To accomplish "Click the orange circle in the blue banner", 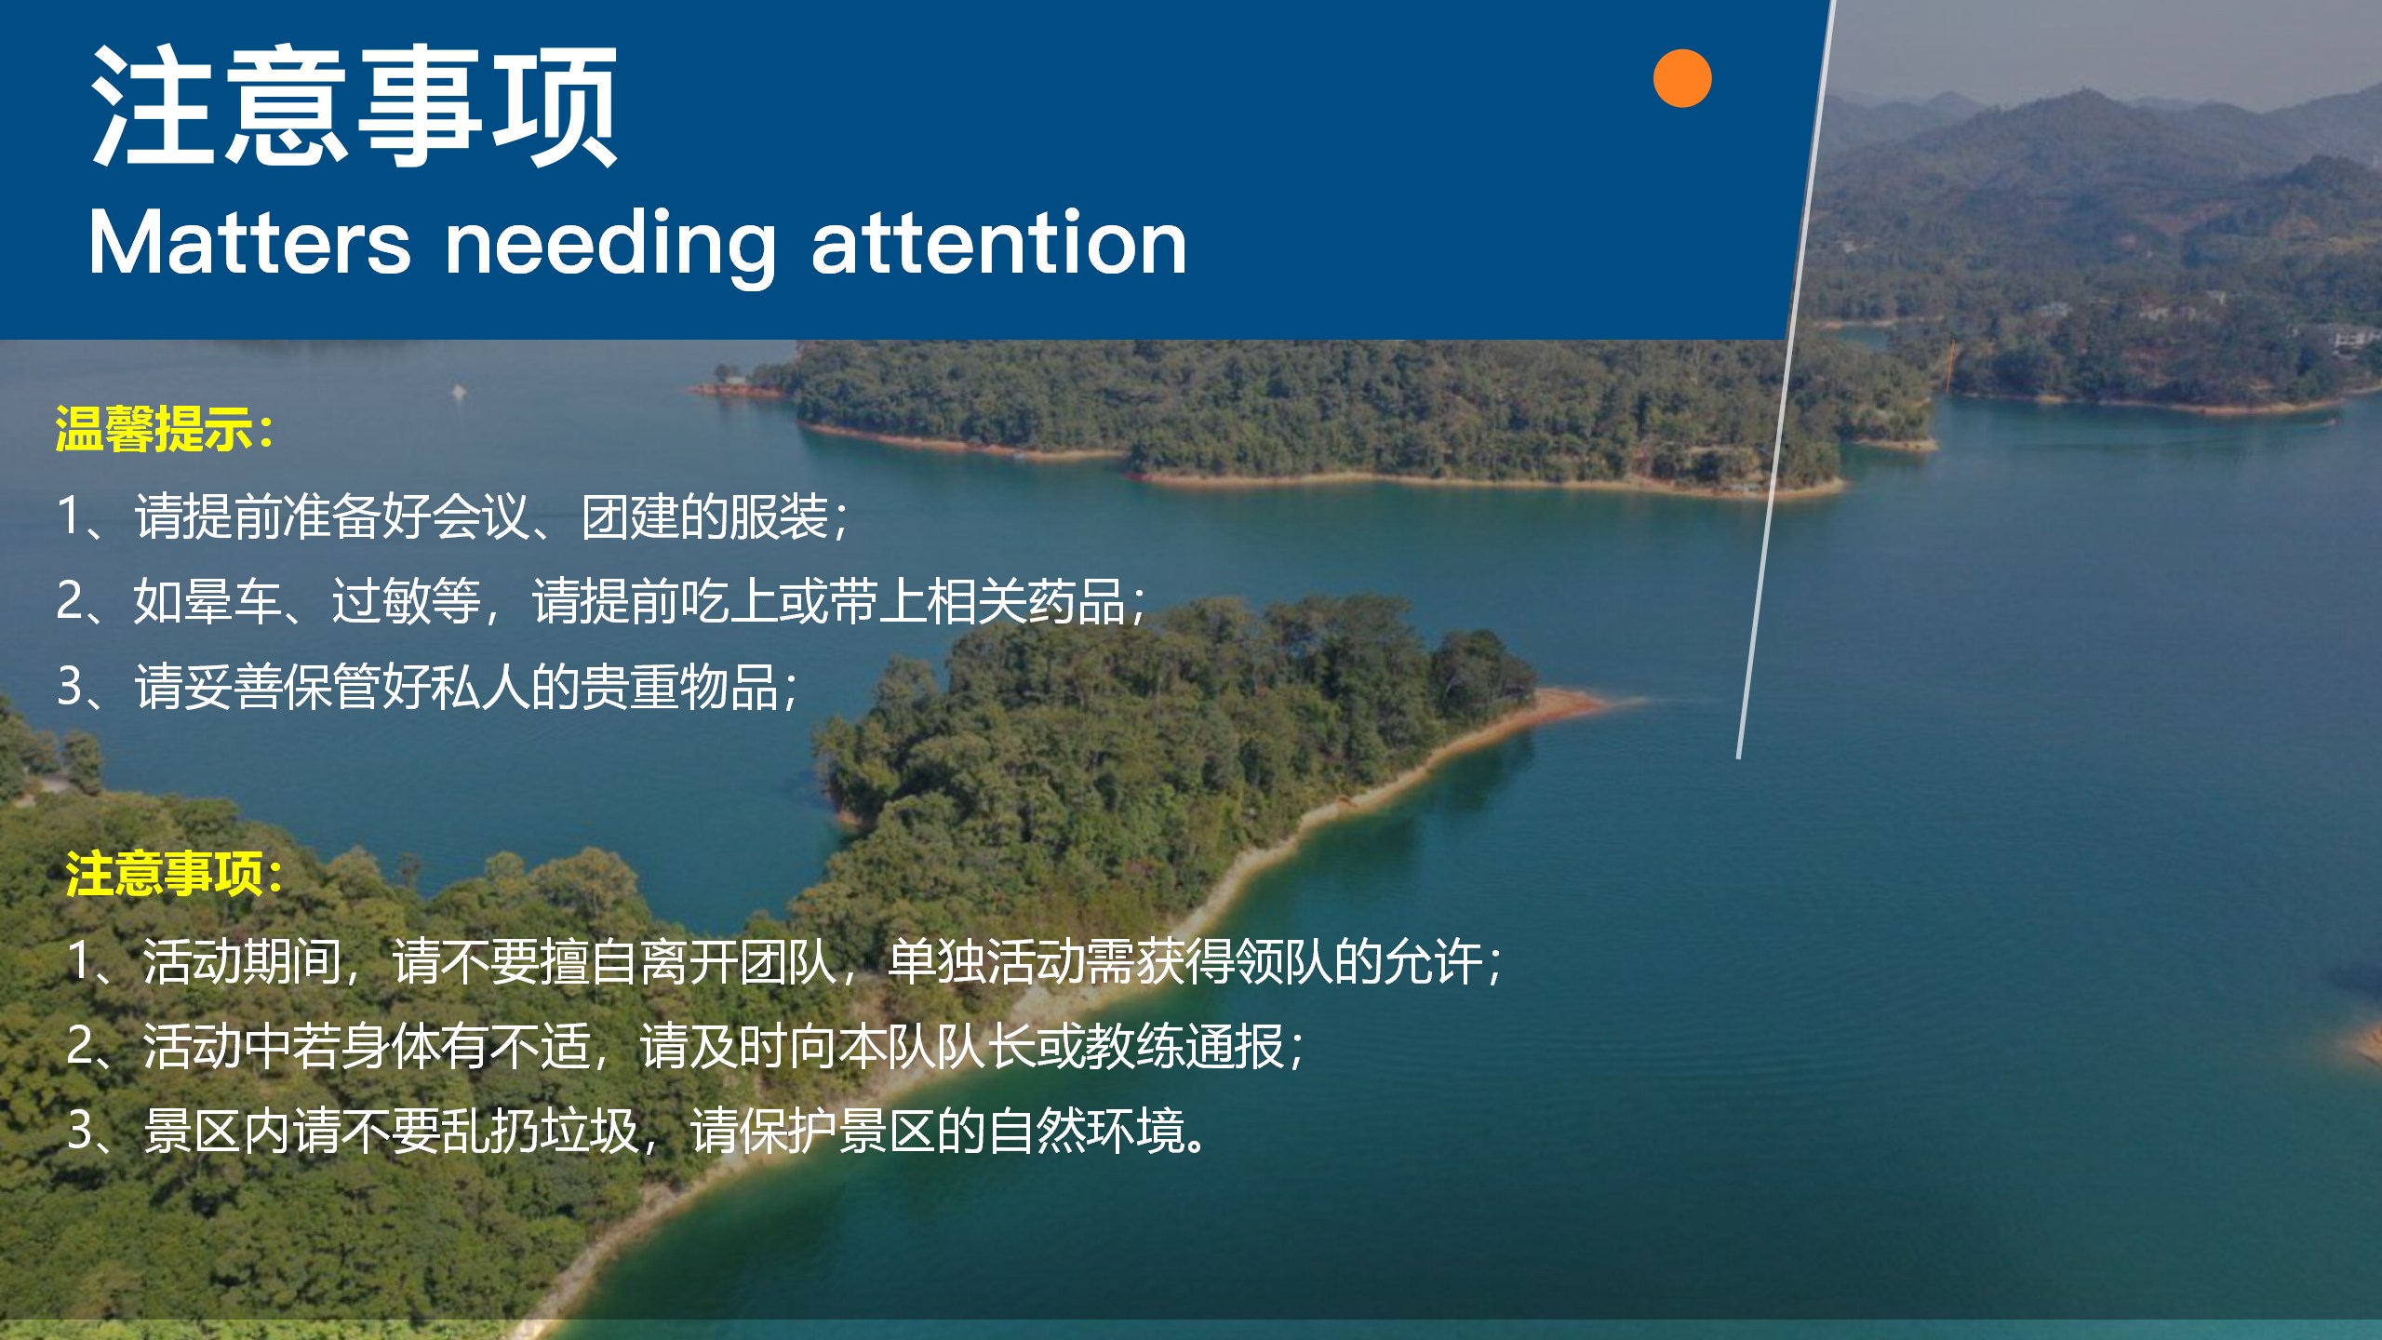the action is tap(1682, 78).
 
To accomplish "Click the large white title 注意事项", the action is tap(355, 106).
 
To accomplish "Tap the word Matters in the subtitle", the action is tap(249, 243).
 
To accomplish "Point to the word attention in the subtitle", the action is tap(999, 243).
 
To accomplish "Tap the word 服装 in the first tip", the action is tap(779, 516).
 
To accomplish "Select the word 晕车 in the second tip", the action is tap(232, 601).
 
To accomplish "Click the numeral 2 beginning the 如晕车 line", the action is tap(69, 601).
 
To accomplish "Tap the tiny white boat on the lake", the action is tap(457, 391).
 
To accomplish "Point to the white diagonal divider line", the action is tap(1785, 379).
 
